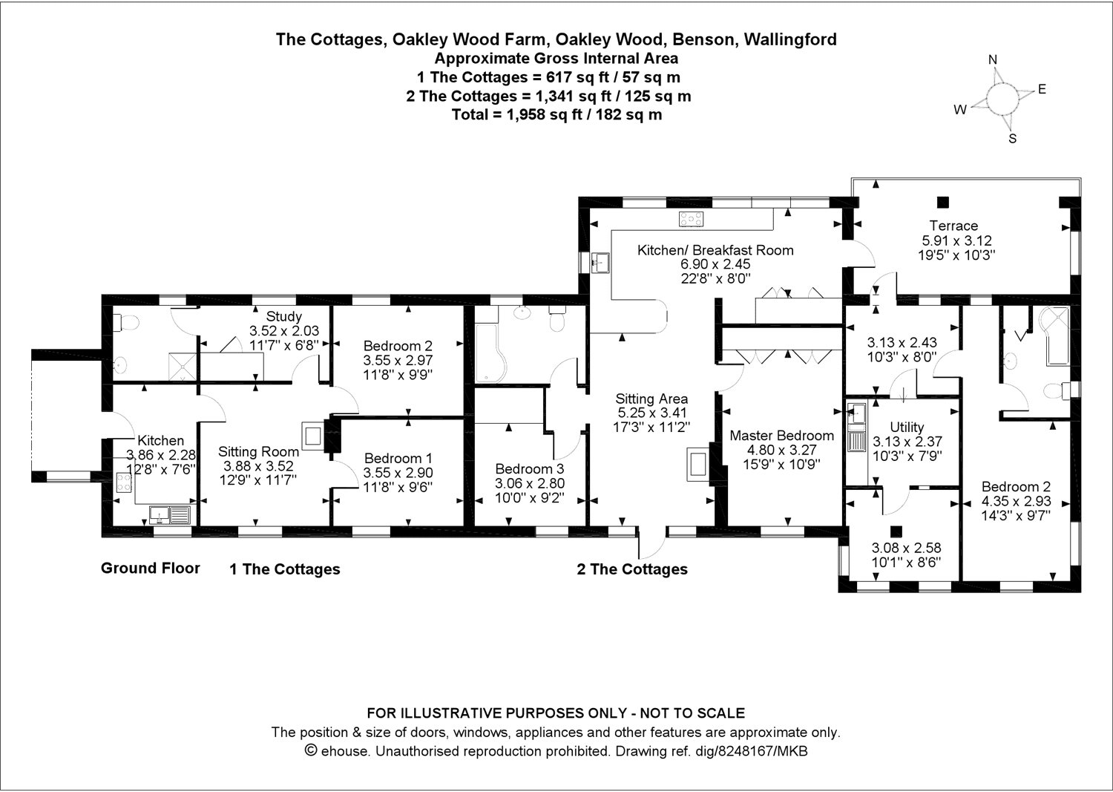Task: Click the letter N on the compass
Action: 993,60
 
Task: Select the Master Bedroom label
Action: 781,436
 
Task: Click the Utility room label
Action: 906,427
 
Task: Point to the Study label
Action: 284,317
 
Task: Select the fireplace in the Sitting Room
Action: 312,436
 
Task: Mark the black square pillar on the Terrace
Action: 942,201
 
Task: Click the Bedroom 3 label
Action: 529,469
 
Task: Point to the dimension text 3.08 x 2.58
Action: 905,549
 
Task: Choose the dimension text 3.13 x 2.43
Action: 902,343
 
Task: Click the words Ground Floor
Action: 151,569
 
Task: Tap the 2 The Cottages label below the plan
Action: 632,569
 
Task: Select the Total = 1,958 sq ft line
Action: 556,114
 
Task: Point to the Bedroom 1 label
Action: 398,459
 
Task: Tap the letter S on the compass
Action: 1012,138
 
